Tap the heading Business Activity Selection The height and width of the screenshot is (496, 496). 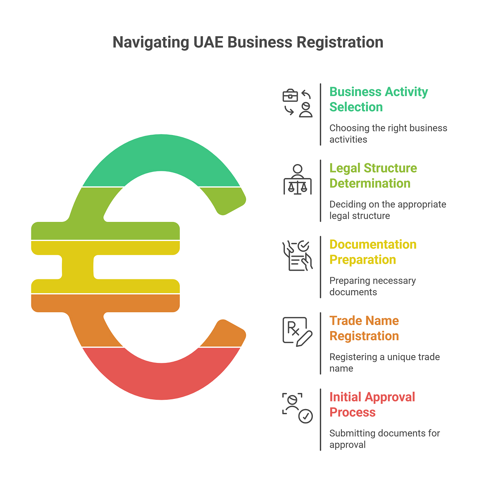click(x=378, y=99)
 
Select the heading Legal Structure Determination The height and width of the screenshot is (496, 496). click(x=373, y=176)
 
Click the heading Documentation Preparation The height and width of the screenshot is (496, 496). click(x=372, y=252)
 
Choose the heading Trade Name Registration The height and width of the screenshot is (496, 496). click(x=364, y=328)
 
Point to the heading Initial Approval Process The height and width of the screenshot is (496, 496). click(x=372, y=405)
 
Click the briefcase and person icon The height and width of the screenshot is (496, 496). click(x=297, y=103)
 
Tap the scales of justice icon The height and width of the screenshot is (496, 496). click(x=297, y=180)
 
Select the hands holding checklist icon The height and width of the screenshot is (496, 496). click(x=297, y=256)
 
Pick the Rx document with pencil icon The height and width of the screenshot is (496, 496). click(x=297, y=331)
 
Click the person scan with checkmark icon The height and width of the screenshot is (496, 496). click(x=297, y=408)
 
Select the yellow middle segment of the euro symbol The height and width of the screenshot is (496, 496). click(x=79, y=267)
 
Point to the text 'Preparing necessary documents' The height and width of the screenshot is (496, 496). click(x=372, y=286)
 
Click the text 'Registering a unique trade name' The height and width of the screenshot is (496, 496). click(x=384, y=362)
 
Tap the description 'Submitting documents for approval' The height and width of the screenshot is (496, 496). click(x=384, y=439)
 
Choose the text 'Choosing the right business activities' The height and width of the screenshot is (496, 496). click(x=388, y=134)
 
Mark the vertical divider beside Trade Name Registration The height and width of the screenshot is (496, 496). click(x=320, y=343)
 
